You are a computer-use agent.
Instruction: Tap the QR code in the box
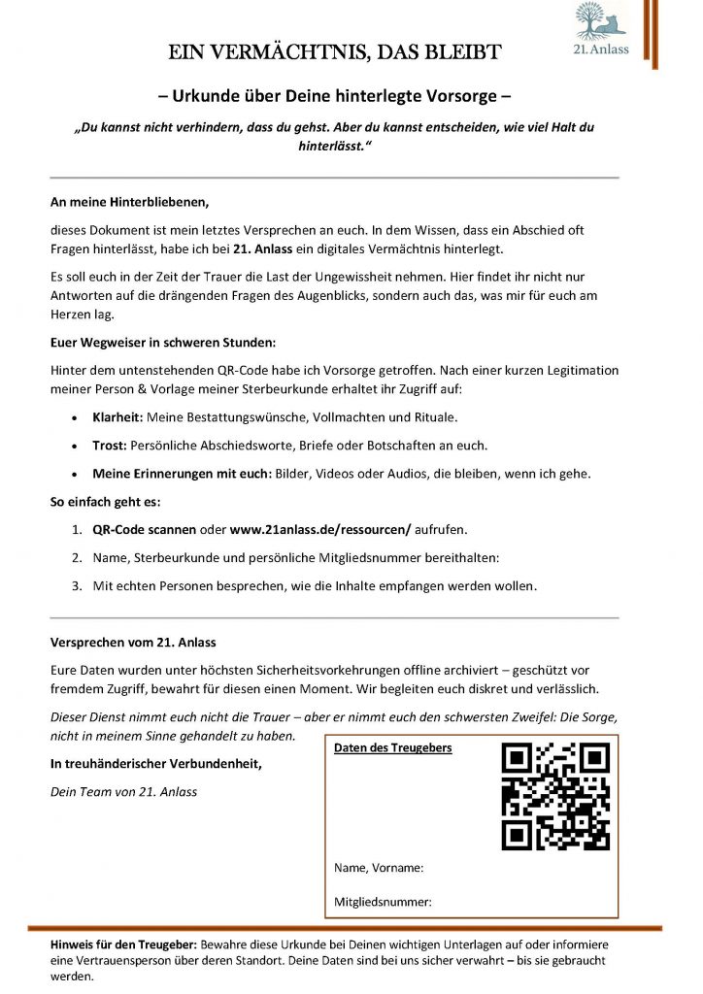click(555, 797)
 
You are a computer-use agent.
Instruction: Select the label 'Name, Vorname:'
click(379, 867)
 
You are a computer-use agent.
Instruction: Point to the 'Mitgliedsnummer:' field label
click(383, 902)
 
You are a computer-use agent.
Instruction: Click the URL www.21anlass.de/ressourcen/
click(320, 529)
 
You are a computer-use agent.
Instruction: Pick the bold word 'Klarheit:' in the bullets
click(117, 416)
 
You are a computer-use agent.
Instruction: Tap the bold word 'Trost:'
click(110, 445)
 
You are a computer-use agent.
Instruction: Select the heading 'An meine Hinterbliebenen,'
click(129, 202)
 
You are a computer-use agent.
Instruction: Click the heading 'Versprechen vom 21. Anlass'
click(133, 642)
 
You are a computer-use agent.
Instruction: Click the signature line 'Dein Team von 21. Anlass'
click(123, 791)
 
